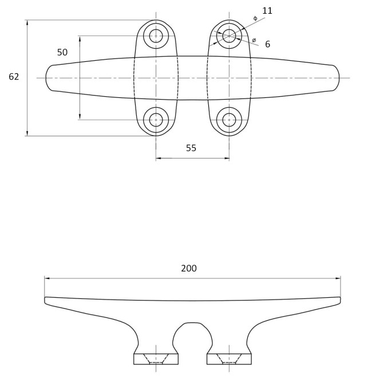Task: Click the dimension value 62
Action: pos(14,77)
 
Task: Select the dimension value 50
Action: pos(62,52)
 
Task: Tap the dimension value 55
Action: pos(191,148)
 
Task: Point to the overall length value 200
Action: pos(189,268)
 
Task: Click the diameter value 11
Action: pos(267,11)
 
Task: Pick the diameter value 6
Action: pos(267,44)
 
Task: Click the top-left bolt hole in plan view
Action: pos(156,36)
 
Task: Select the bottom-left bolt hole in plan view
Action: pos(156,120)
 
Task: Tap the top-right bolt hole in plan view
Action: pos(229,36)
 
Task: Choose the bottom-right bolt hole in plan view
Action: pos(229,120)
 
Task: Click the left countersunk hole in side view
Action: pos(156,359)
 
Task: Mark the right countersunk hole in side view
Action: pos(229,359)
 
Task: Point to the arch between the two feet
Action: pos(192,323)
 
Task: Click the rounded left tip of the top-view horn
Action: pos(46,78)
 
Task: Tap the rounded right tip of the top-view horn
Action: pos(339,78)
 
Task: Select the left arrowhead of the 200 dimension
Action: pos(48,278)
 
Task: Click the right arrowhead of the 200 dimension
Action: pos(338,278)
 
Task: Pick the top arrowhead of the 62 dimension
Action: pos(27,23)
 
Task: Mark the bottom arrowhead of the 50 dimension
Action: pos(80,117)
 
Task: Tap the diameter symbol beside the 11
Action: pos(255,18)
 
